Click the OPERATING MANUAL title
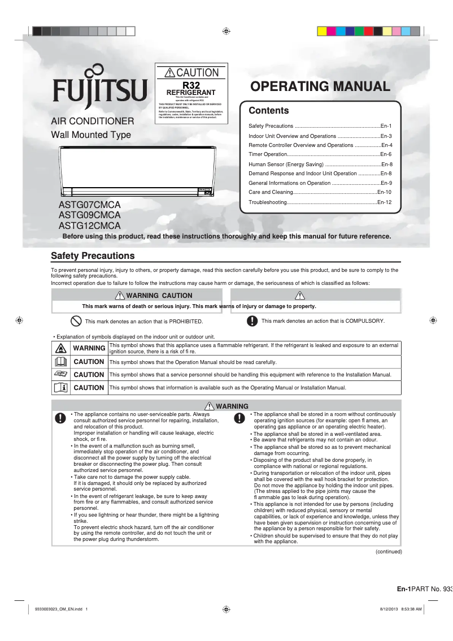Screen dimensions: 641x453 [320, 86]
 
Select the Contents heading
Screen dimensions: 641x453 [269, 111]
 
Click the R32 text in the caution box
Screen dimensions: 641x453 [191, 85]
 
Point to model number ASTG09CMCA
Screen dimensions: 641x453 [90, 215]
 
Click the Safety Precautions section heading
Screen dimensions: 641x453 [93, 256]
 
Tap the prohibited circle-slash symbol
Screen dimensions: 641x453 [76, 321]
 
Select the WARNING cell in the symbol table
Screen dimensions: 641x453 [89, 348]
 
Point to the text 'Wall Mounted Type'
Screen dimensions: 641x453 [91, 135]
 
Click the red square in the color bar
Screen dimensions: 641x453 [368, 31]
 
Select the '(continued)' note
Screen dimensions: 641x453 [389, 552]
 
